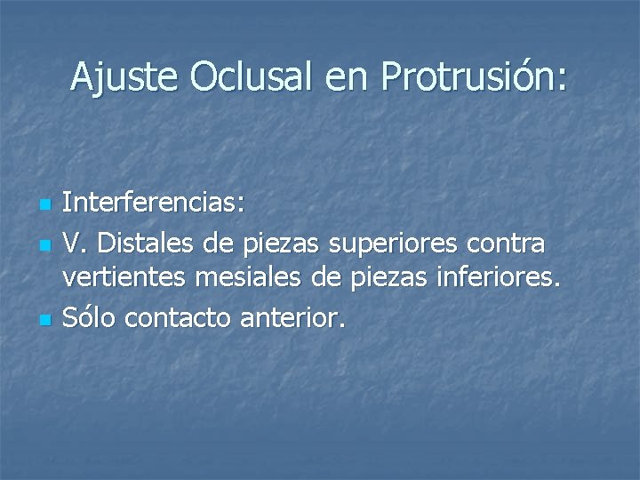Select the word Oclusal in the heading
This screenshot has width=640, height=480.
pos(252,77)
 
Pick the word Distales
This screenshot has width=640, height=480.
pos(143,242)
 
